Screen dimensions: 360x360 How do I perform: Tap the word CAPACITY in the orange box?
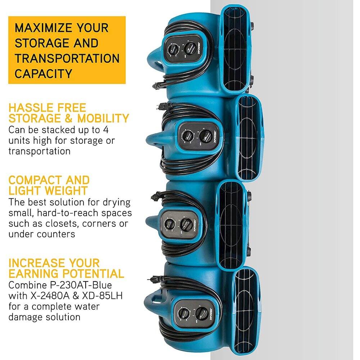click(x=43, y=73)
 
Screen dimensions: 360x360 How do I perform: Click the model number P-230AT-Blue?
click(x=75, y=285)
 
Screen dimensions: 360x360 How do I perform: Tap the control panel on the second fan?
click(x=197, y=136)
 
